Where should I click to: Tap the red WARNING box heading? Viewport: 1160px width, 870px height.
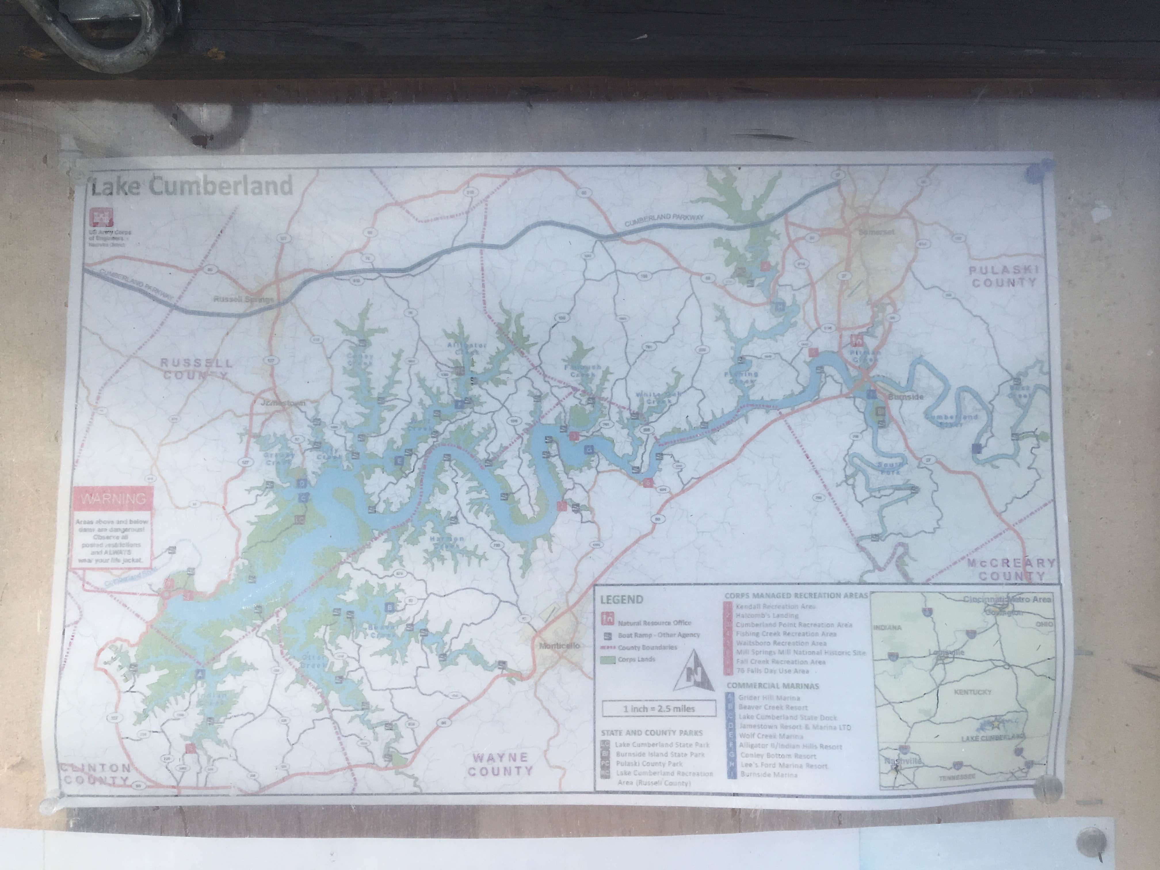coord(113,498)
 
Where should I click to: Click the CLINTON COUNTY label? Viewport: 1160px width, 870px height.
coord(96,774)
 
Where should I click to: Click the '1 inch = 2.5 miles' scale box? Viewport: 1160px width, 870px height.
coord(659,709)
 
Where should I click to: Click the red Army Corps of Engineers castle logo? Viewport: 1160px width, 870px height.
coord(98,217)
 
